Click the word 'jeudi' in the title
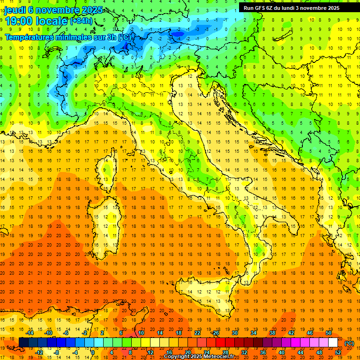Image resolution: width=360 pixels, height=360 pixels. click(15, 9)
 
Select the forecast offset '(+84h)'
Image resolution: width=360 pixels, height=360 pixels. click(81, 21)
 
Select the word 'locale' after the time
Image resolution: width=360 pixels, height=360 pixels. click(52, 21)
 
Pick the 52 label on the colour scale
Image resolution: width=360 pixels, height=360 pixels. click(337, 352)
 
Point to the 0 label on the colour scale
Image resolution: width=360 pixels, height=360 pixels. click(93, 352)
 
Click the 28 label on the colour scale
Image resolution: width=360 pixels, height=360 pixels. click(225, 352)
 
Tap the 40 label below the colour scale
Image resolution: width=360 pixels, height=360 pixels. click(281, 352)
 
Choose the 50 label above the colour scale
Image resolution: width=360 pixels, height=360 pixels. click(329, 333)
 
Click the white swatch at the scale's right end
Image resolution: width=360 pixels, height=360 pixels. click(333, 343)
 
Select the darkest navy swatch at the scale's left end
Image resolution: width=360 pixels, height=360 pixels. click(23, 343)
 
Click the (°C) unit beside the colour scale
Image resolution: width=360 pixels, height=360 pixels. click(349, 343)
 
